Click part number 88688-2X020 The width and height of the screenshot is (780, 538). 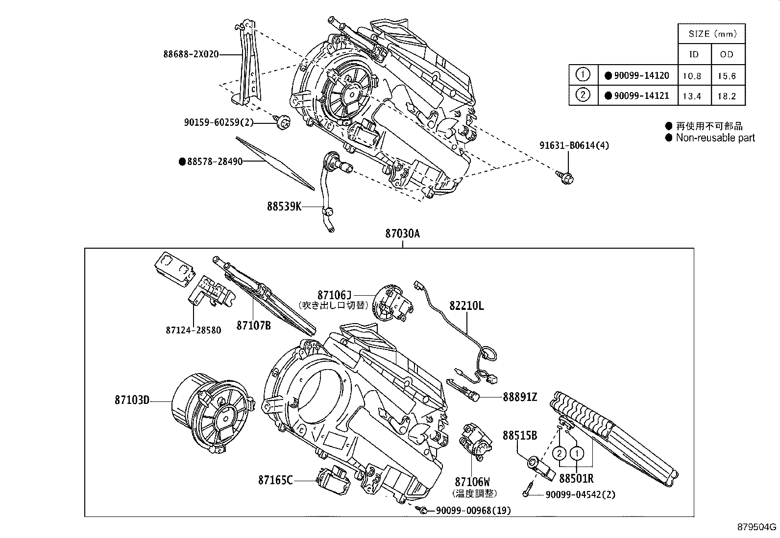click(191, 55)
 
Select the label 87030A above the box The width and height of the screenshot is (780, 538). click(402, 234)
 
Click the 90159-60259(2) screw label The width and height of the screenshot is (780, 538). click(219, 122)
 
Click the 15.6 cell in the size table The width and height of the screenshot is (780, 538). click(727, 76)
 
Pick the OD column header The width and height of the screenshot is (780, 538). click(727, 54)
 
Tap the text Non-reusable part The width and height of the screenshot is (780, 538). click(715, 138)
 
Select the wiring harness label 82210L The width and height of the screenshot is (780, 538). click(466, 305)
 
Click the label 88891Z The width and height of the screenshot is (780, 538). click(519, 398)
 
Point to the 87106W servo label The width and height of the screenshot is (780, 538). click(472, 482)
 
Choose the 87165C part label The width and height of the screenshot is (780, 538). click(275, 480)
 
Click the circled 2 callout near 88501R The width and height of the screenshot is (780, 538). click(560, 454)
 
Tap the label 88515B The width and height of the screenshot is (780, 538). click(519, 435)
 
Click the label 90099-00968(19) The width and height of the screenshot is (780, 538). click(473, 511)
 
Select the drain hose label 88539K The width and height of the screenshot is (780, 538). click(284, 206)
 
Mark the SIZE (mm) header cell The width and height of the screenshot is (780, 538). click(712, 34)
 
